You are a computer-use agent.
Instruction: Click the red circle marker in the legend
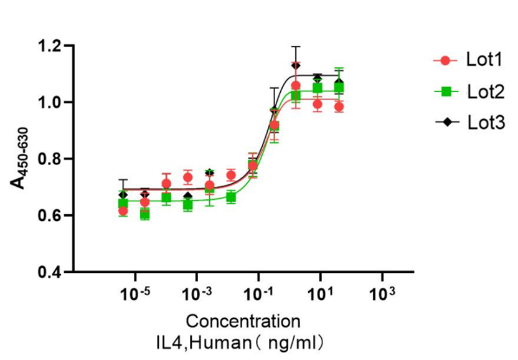(x=445, y=60)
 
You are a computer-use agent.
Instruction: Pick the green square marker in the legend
(x=445, y=92)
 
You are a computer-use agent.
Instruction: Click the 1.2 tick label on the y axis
(x=52, y=46)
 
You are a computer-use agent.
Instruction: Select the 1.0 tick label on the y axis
(x=52, y=102)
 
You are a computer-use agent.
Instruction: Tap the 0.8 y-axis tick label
(x=52, y=159)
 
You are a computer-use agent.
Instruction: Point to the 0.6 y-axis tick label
(x=52, y=216)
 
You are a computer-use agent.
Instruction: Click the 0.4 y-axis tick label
(x=52, y=272)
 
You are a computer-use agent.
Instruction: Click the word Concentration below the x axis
(x=243, y=321)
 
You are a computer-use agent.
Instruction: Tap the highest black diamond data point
(x=296, y=65)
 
